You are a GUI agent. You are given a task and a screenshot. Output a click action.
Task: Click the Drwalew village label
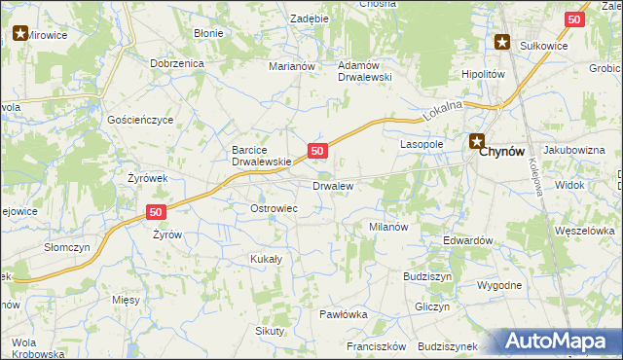[332, 185]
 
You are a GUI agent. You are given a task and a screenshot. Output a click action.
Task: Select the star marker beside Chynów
[477, 141]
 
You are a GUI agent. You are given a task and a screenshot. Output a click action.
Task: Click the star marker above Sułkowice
[502, 41]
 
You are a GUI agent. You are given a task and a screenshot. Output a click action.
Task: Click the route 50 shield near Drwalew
[317, 151]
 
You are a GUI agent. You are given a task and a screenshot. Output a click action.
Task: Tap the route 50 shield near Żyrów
[156, 212]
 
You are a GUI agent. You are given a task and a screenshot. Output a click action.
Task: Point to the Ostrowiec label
[274, 209]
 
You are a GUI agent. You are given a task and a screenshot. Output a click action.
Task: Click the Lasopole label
[421, 143]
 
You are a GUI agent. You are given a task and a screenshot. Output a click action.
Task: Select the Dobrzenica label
[175, 63]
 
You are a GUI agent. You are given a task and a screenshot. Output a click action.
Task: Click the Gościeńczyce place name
[140, 120]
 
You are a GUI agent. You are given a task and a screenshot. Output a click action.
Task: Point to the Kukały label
[266, 259]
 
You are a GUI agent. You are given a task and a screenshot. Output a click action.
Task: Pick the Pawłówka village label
[343, 314]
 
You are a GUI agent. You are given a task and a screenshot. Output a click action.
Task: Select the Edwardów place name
[467, 240]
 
